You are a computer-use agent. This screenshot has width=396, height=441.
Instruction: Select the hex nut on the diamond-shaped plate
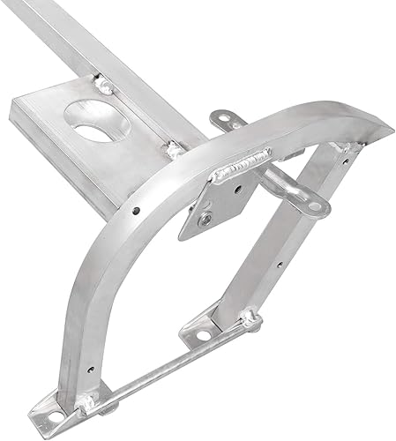pyautogui.click(x=205, y=218)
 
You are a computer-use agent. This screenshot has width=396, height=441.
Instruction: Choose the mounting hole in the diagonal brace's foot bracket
pyautogui.click(x=202, y=335)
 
